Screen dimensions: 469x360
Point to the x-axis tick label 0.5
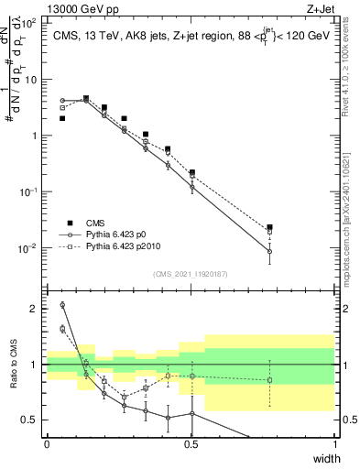[191, 444]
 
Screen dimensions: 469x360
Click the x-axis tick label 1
[333, 444]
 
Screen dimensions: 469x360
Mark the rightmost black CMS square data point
[269, 227]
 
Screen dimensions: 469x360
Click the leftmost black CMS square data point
[62, 118]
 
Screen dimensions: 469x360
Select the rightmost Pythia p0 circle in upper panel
[269, 251]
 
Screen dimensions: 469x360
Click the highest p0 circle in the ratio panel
[62, 305]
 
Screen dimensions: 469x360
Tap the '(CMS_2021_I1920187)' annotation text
[191, 273]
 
